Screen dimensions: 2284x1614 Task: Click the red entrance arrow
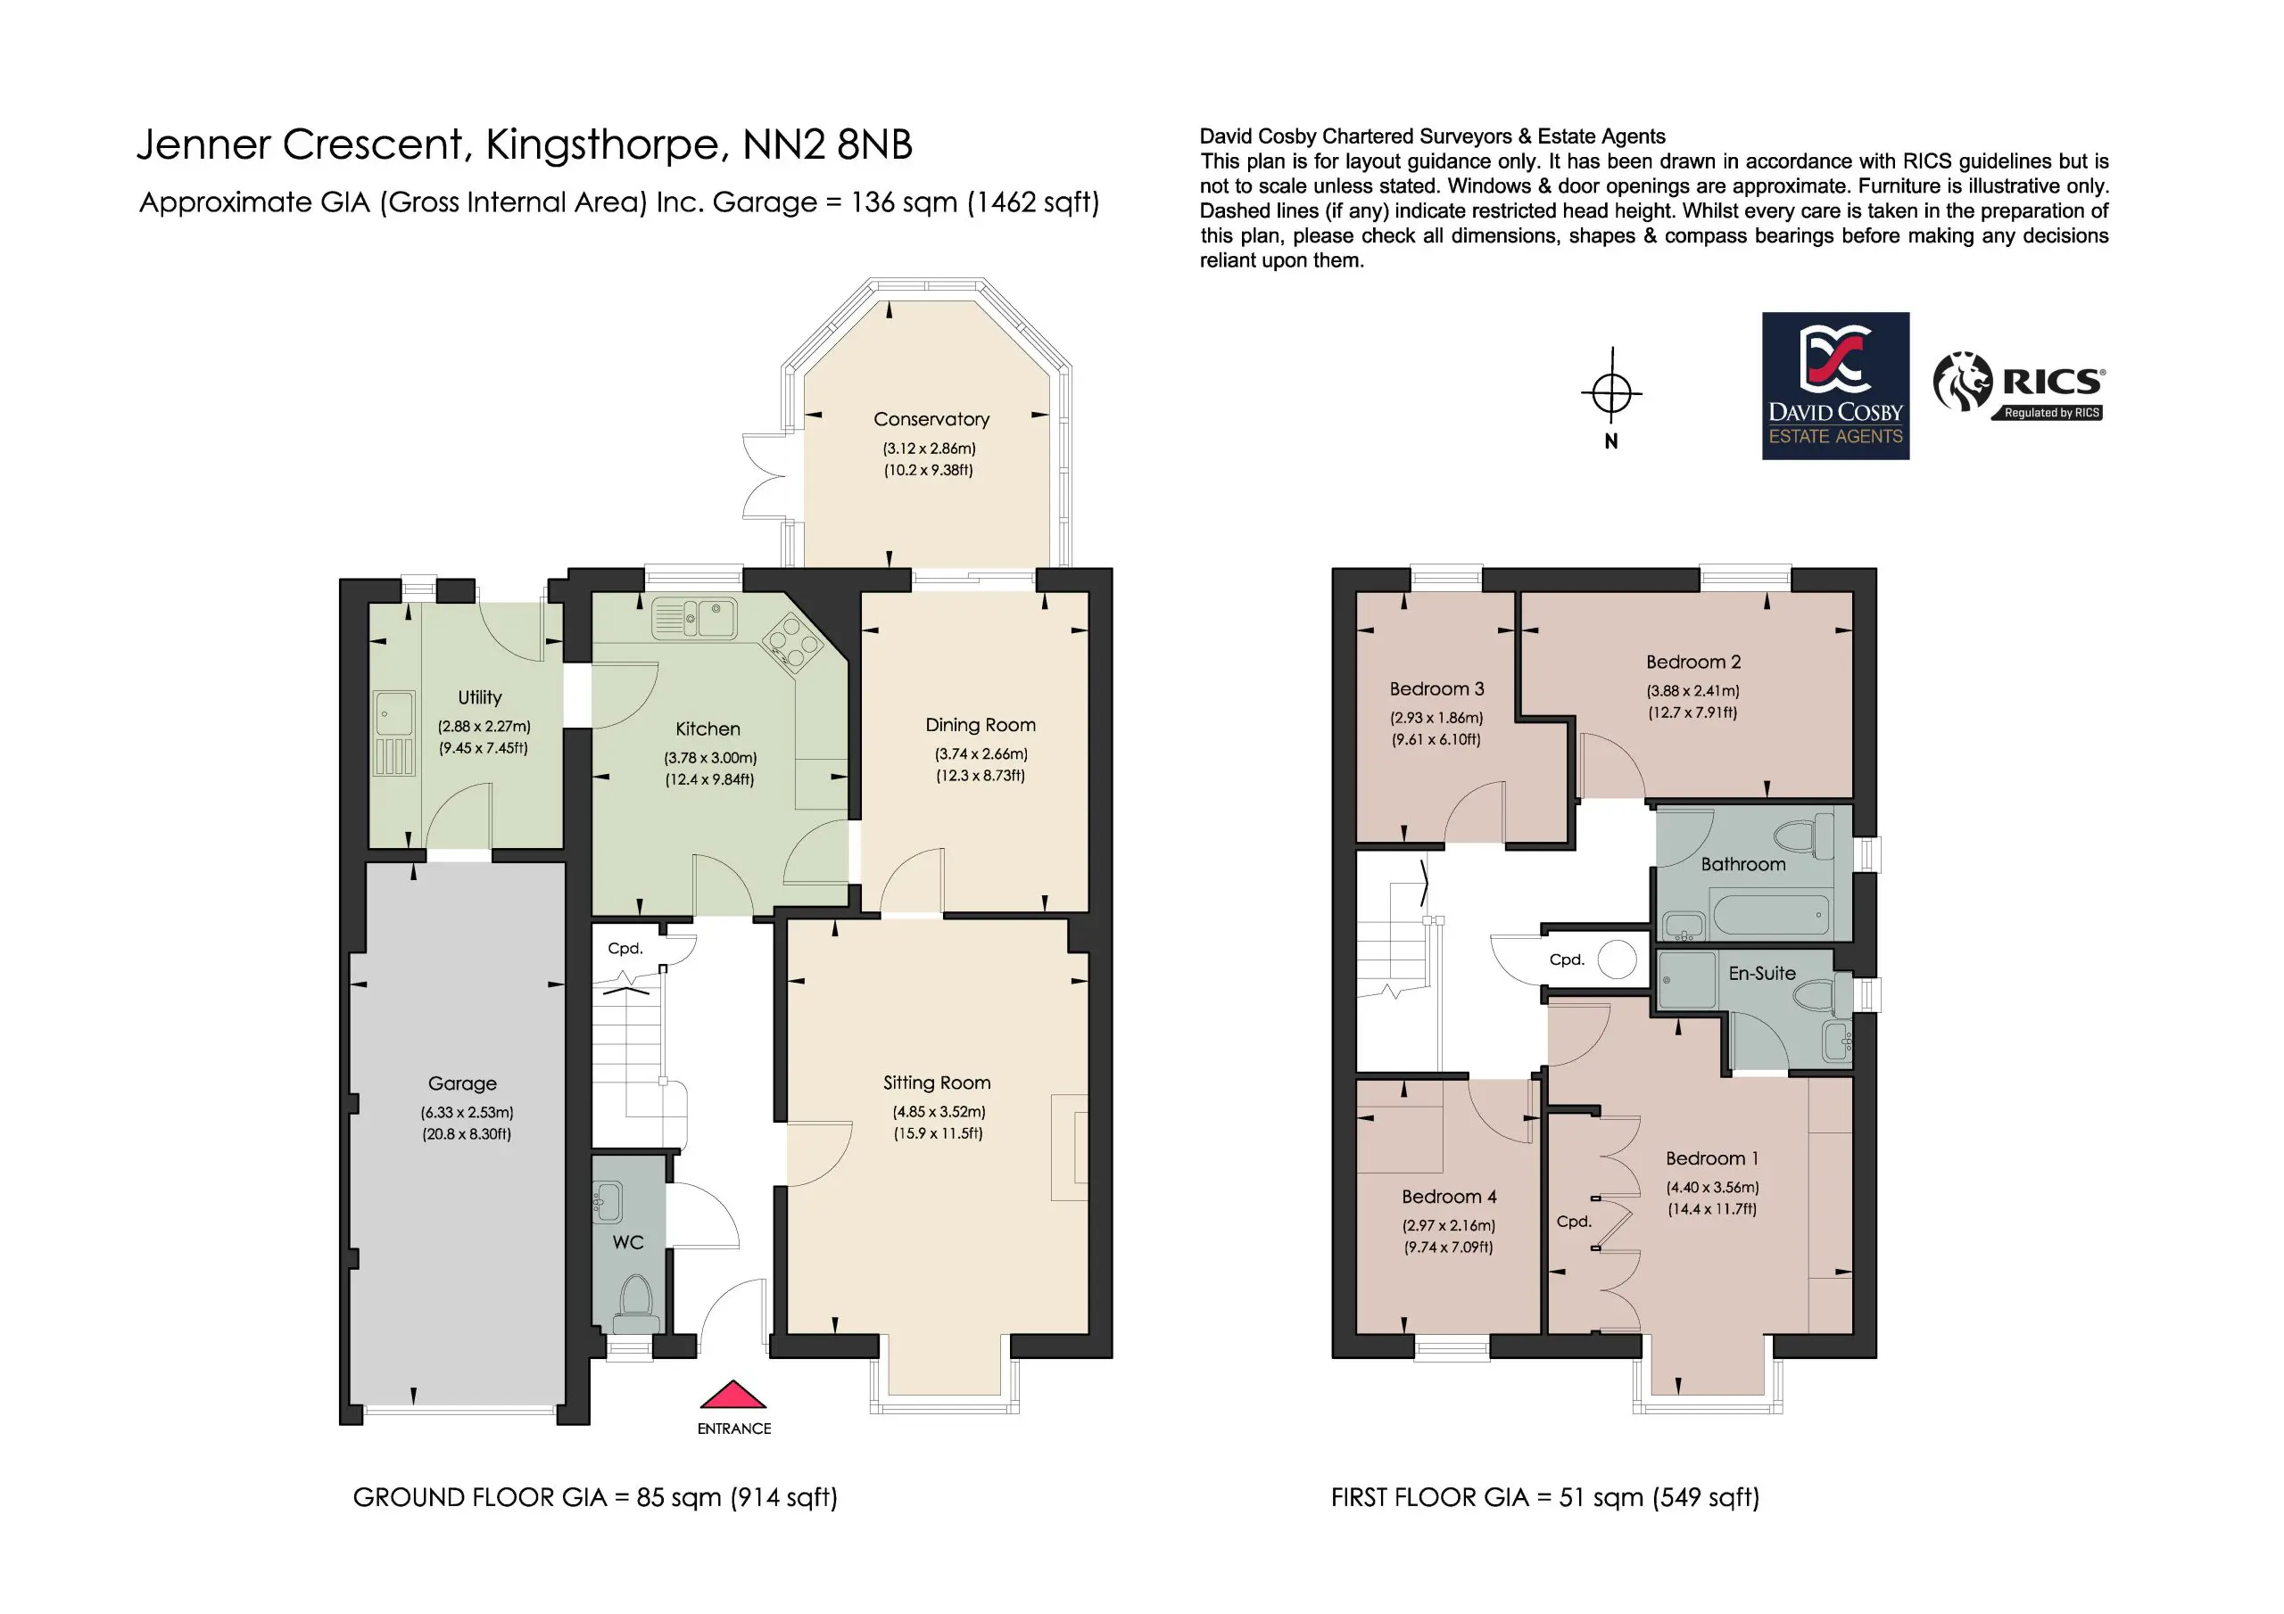click(733, 1396)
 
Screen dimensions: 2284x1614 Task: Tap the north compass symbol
click(1611, 393)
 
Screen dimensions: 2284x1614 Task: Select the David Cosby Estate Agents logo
click(1835, 386)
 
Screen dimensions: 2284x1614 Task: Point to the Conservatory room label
click(931, 420)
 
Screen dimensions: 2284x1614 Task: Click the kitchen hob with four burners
click(793, 640)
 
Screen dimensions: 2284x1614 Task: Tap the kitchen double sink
click(694, 618)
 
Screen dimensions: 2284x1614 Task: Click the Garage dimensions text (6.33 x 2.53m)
click(467, 1113)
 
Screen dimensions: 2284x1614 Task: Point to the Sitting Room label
click(937, 1083)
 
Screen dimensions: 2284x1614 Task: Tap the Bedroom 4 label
click(1448, 1197)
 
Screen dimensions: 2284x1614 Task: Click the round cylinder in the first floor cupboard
click(1617, 959)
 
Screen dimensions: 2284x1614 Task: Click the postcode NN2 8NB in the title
click(828, 145)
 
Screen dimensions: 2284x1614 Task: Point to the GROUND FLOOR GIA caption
click(595, 1498)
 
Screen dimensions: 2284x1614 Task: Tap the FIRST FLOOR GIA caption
click(1545, 1498)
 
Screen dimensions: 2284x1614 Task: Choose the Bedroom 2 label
click(1693, 663)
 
